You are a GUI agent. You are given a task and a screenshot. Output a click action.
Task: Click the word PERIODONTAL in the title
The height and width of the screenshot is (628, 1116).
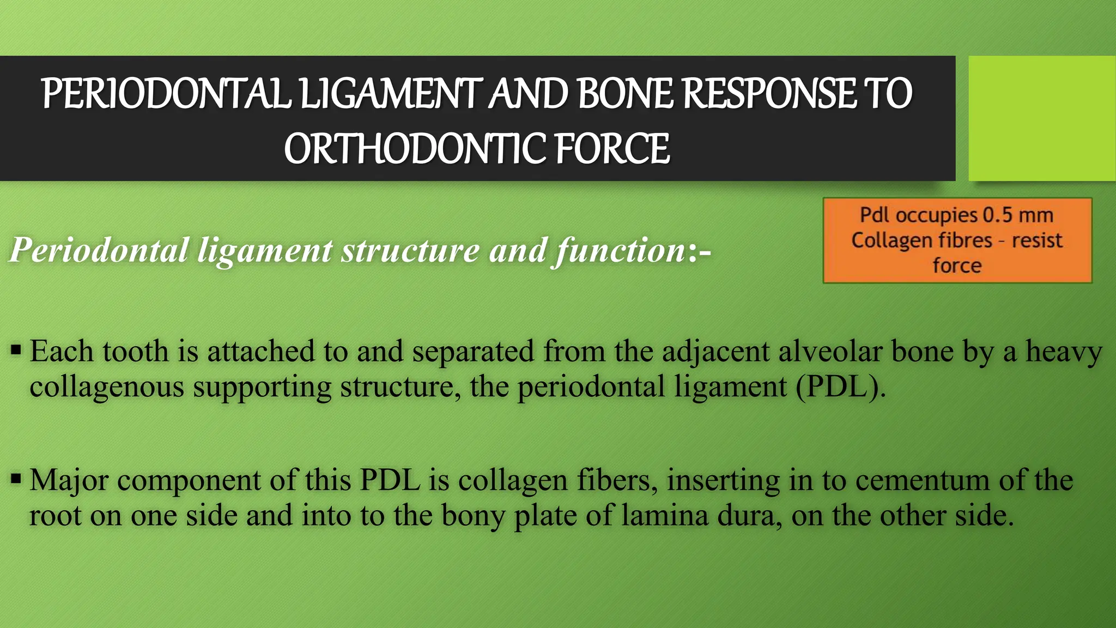[166, 94]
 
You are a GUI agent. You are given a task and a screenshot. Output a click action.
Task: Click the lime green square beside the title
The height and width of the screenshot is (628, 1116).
[1041, 118]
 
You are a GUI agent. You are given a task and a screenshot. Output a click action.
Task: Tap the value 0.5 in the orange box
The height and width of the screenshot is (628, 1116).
[997, 215]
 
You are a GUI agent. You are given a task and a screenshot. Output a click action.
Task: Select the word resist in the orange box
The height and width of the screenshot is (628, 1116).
[1037, 240]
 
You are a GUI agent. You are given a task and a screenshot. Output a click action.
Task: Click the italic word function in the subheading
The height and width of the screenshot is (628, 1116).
[619, 251]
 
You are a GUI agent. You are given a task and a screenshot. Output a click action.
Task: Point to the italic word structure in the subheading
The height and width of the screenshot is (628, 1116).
[410, 251]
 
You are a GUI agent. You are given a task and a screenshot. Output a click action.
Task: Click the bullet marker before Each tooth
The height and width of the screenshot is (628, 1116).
[16, 349]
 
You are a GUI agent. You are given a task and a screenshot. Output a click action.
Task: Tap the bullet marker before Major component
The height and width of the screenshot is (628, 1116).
[16, 479]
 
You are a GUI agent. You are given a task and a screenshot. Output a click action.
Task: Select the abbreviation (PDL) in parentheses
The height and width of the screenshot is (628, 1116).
[840, 387]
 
